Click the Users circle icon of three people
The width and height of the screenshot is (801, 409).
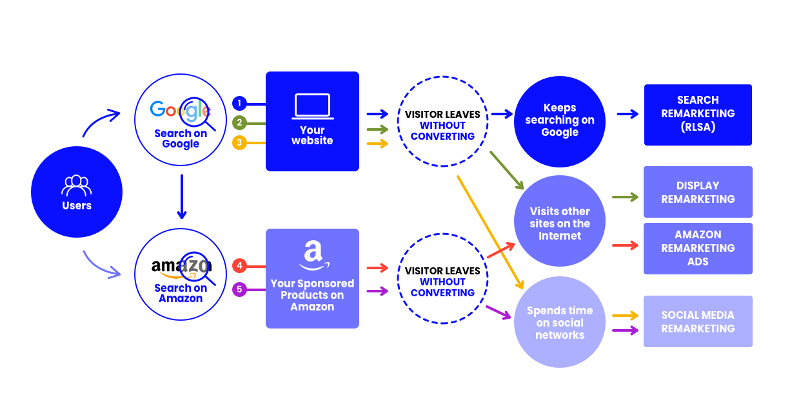coord(76,185)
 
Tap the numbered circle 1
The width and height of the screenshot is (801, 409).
coord(239,103)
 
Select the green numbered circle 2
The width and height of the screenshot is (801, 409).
coord(239,122)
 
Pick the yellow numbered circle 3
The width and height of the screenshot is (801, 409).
coord(239,142)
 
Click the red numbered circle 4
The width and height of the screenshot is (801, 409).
coord(239,265)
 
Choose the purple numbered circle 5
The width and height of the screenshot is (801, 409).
coord(239,289)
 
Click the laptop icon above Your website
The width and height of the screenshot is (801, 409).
coord(312,106)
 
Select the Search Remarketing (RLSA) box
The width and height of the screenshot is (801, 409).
coord(698,114)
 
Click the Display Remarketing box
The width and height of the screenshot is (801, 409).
coord(698,192)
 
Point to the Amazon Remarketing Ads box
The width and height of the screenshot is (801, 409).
coord(698,248)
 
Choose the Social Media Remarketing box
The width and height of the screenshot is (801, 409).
coord(698,321)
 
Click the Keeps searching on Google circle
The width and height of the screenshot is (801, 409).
coord(559,120)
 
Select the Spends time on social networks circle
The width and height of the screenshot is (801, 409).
coord(559,322)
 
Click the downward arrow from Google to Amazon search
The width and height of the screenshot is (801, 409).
coord(182,196)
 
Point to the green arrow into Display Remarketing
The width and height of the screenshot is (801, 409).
coord(624,197)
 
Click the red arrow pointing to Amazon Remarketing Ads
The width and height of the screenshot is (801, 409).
coord(624,245)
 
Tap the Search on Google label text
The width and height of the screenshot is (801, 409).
coord(181,138)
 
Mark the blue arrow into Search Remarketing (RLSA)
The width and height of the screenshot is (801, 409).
coord(627,114)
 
